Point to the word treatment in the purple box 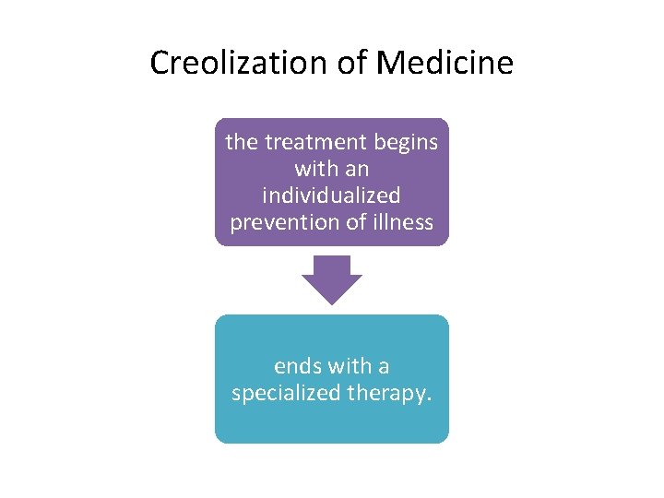(313, 143)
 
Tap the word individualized (332, 196)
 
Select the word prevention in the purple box (280, 222)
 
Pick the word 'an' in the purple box (356, 170)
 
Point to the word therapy (386, 393)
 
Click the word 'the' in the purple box (242, 143)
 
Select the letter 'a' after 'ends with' (383, 366)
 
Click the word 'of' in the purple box (352, 222)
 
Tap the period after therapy (429, 398)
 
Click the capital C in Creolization (159, 64)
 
